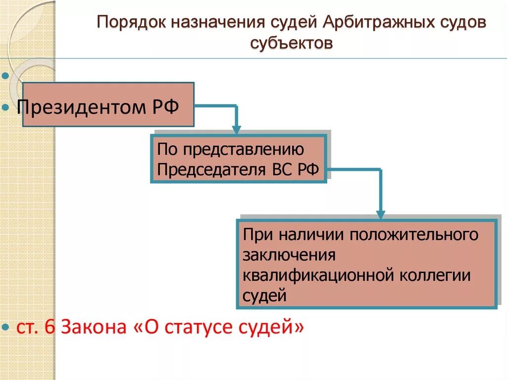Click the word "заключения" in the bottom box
tap(290, 254)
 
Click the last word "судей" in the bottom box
tap(264, 296)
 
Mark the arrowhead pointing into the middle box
tap(237, 130)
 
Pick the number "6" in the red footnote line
tap(51, 326)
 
